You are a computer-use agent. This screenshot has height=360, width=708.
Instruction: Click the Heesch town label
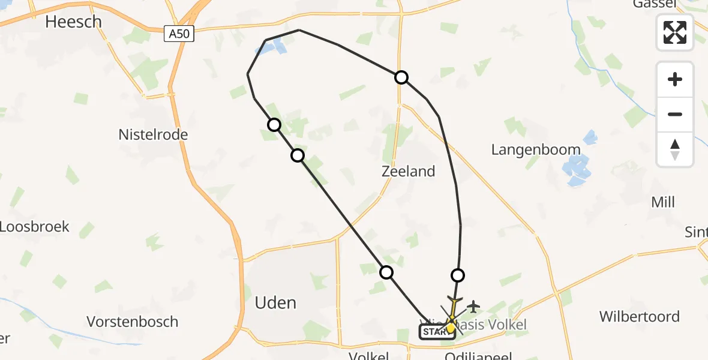[x=74, y=22]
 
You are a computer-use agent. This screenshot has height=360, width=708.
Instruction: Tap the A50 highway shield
[x=179, y=34]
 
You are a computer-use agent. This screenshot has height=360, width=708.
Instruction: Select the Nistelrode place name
[x=153, y=135]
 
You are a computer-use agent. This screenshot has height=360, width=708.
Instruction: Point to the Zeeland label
[x=408, y=172]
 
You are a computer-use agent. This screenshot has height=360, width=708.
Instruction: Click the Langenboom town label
[x=536, y=150]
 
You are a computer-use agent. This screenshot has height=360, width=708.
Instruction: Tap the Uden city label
[x=275, y=302]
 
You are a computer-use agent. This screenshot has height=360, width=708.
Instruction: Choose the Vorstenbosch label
[x=133, y=322]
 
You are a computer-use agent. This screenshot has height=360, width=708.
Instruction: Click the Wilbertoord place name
[x=640, y=317]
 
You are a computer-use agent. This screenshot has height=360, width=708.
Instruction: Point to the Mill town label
[x=663, y=203]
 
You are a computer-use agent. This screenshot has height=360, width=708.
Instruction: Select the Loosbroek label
[x=34, y=227]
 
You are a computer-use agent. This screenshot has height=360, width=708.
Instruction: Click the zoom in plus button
[x=675, y=80]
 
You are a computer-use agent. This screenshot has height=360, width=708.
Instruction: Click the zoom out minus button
[x=675, y=115]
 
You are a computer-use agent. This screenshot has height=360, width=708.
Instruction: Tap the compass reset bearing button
[x=675, y=149]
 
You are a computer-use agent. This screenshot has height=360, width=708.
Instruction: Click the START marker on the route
[x=433, y=332]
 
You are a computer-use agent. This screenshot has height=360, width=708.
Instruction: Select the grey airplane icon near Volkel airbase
[x=473, y=307]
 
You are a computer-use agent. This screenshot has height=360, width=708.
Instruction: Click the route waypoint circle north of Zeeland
[x=401, y=77]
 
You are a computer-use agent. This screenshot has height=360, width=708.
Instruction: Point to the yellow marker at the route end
[x=451, y=328]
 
